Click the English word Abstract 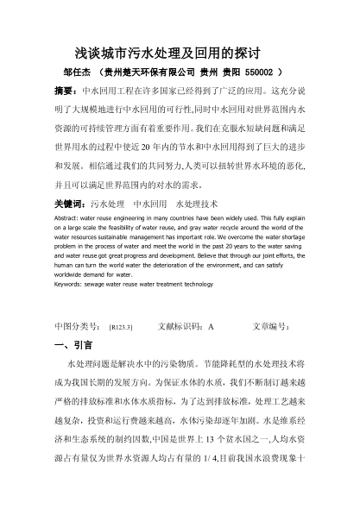click(x=68, y=220)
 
